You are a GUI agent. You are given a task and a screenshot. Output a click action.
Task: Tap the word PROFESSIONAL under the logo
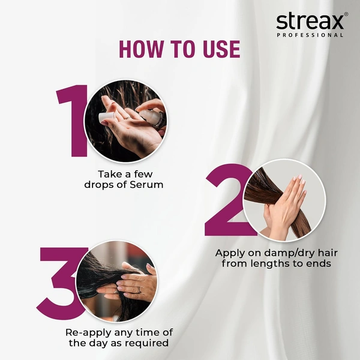(x=310, y=35)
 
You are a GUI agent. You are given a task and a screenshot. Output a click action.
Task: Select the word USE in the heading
(x=218, y=49)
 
